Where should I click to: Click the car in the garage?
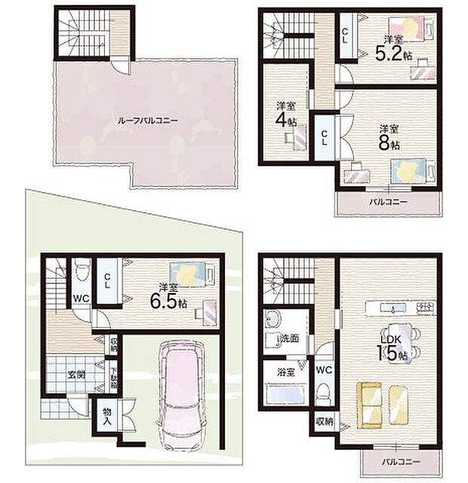[179, 392]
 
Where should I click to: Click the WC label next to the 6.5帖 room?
[81, 298]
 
